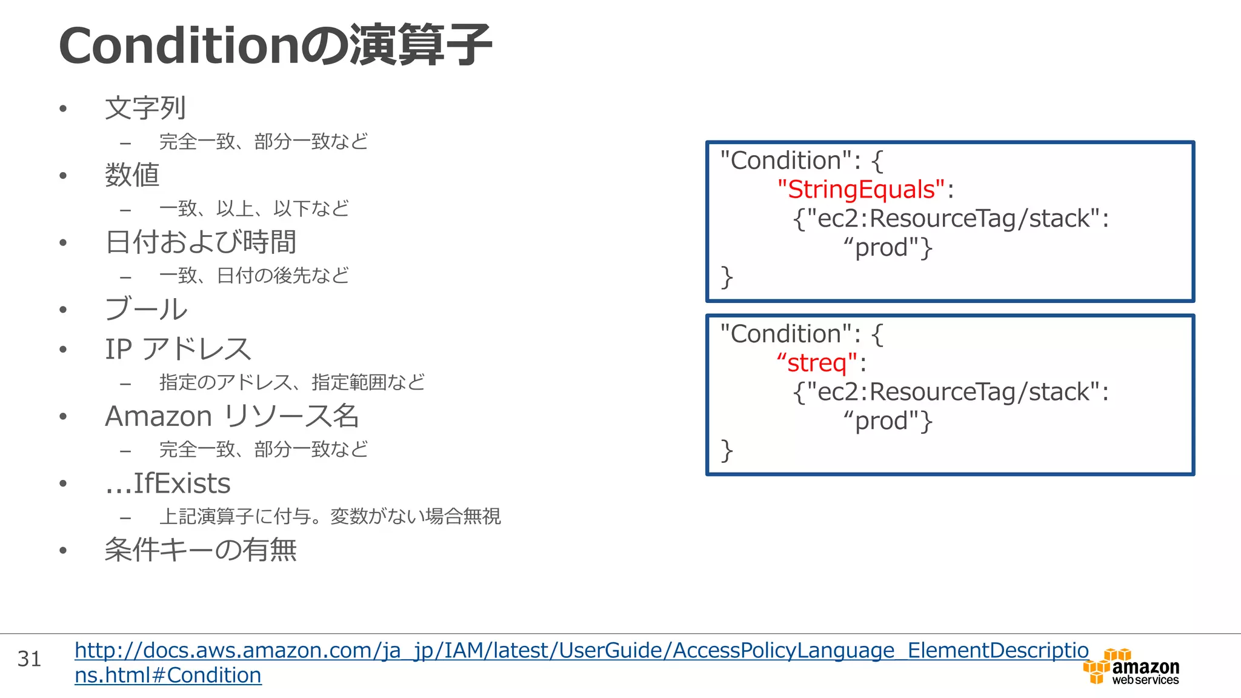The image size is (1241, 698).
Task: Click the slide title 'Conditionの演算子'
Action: point(275,46)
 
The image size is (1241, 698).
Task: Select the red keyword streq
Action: point(817,363)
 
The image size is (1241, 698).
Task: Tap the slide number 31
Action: point(29,659)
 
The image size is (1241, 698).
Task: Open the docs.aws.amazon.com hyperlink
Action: point(581,651)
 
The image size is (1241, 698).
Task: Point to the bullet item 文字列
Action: point(145,108)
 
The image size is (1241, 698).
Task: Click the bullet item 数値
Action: point(132,175)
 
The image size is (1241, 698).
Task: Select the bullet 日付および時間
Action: point(201,242)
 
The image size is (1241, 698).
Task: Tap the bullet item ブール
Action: point(146,309)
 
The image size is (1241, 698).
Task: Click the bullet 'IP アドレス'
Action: point(178,349)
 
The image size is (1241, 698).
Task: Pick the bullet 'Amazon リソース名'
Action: point(232,416)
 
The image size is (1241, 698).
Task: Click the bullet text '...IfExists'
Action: point(168,484)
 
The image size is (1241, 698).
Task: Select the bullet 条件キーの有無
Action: point(201,550)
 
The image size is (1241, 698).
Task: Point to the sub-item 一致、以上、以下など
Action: point(254,209)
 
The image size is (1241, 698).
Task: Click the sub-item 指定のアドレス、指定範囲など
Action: point(292,382)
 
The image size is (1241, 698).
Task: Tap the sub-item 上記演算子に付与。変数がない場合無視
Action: point(330,516)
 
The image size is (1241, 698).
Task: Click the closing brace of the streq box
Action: point(727,450)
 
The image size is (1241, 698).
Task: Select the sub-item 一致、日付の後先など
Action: point(254,276)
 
